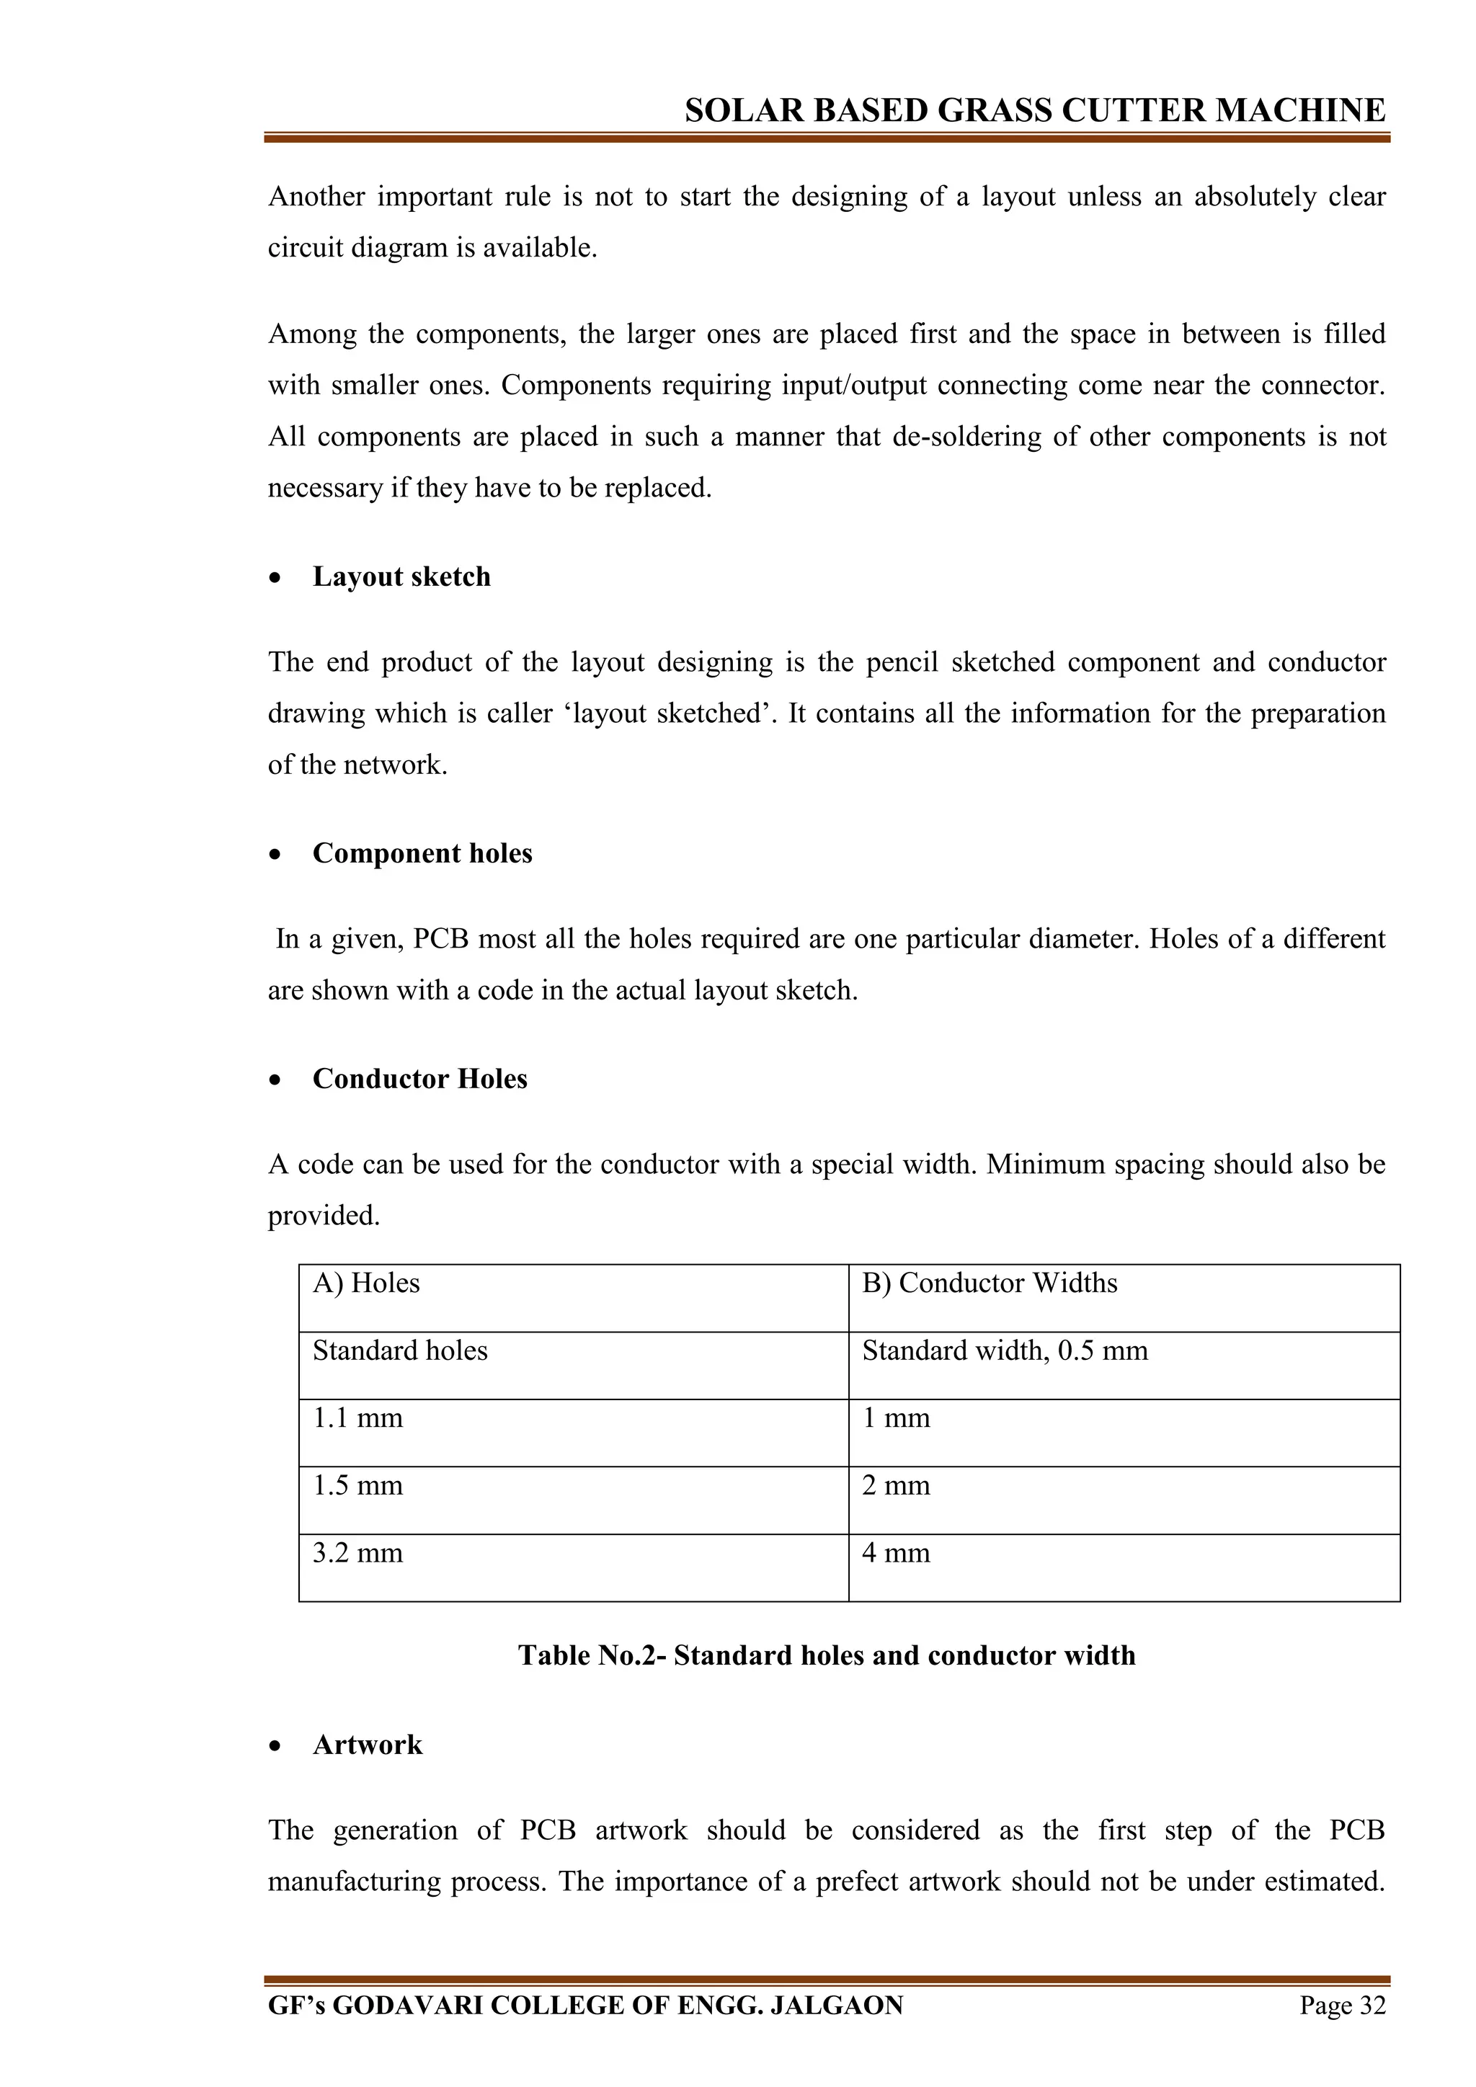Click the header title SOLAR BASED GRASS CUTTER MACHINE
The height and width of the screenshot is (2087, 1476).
1034,111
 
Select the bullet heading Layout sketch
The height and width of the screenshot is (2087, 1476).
401,577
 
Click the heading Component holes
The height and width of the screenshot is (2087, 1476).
422,853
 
